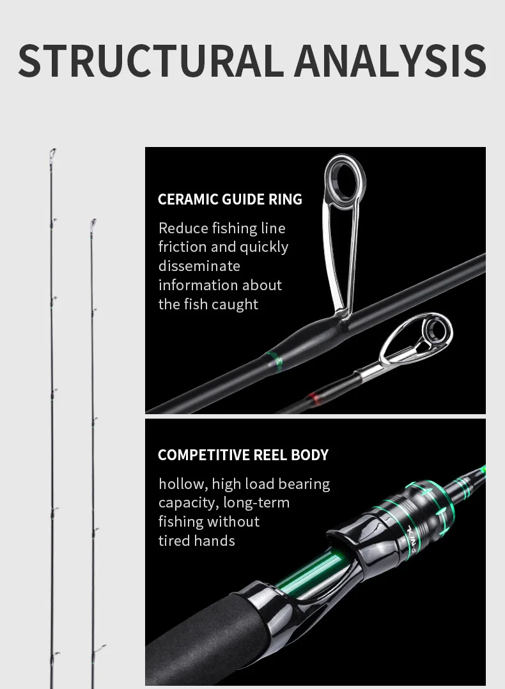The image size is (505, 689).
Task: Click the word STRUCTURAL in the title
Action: (150, 60)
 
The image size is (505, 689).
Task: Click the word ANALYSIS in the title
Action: (391, 60)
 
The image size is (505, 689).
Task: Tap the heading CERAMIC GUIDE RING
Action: (230, 199)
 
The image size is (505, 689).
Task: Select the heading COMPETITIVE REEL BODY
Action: (243, 455)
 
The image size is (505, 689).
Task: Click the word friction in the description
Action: (182, 247)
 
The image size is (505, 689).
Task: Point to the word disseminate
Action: (199, 266)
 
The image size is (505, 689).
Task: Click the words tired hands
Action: (196, 541)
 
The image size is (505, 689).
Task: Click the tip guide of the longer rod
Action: (52, 155)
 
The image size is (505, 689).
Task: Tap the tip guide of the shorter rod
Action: (93, 224)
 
